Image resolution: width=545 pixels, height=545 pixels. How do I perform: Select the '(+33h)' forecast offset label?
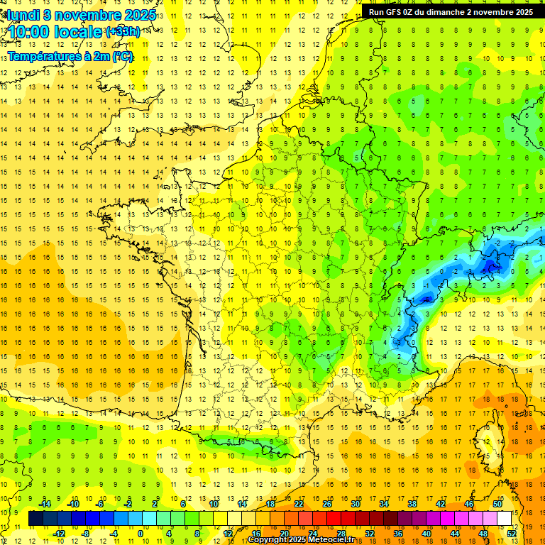pos(123,32)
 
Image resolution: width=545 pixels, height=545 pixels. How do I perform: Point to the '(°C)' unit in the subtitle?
pos(123,56)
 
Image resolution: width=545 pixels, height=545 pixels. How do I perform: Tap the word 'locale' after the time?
pos(79,32)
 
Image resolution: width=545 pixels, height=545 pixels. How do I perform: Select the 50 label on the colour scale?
pos(497,504)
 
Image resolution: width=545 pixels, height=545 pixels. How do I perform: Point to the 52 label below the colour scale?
pos(512,533)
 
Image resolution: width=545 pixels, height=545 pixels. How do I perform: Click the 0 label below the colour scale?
pos(140,533)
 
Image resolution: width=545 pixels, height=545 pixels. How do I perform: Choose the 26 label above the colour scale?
pos(327,504)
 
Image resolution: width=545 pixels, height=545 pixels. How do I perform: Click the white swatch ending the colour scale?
pos(505,519)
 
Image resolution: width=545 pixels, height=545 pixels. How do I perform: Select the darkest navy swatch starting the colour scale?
pos(35,519)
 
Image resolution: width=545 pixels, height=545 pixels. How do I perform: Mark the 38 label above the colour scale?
pos(412,504)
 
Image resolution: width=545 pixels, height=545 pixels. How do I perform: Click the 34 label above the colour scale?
pos(384,504)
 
